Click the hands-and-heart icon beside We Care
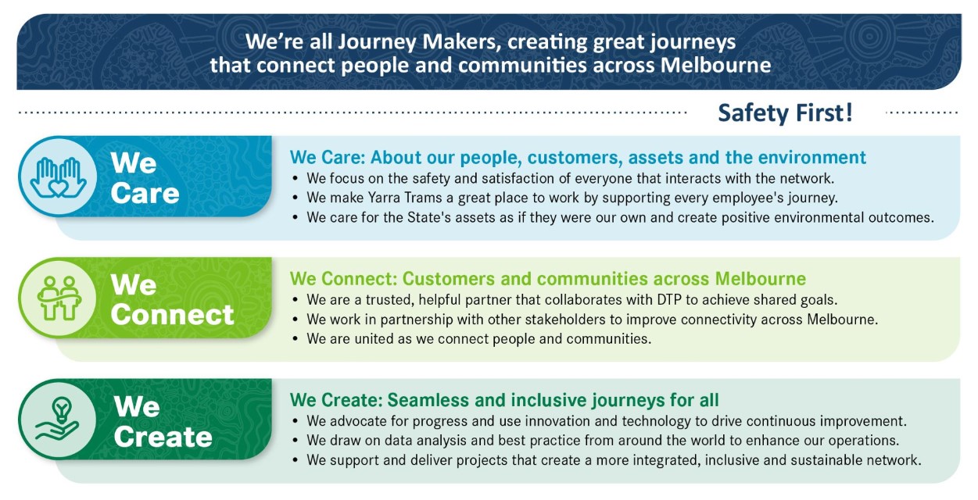point(58,177)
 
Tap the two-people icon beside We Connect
point(59,298)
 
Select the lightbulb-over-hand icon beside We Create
point(58,419)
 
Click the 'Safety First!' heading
point(785,113)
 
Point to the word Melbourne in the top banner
point(715,65)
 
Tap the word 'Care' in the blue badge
point(145,193)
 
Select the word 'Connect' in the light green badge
point(173,315)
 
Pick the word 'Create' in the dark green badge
point(163,436)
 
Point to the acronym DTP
point(667,300)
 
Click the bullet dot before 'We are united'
point(296,339)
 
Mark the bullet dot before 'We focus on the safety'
point(296,178)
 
